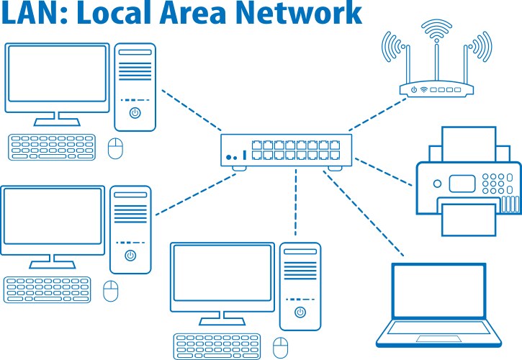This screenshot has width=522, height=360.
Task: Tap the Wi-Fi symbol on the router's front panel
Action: coord(424,91)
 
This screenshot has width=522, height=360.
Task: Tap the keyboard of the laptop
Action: coord(438,333)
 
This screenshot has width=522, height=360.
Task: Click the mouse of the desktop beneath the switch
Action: coord(280,346)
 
